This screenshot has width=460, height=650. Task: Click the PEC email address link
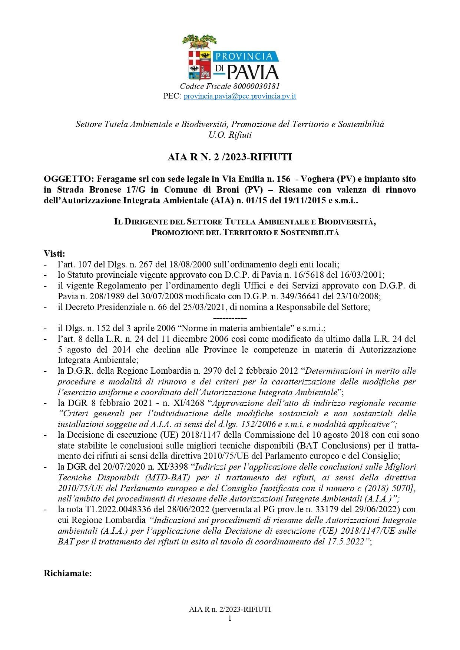click(240, 96)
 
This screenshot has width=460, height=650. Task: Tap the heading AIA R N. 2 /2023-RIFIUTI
click(230, 157)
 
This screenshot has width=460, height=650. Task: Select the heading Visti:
click(54, 254)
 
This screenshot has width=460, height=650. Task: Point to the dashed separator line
click(230, 318)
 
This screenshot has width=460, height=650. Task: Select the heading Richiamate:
click(68, 573)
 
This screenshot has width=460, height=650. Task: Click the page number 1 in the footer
click(230, 618)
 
